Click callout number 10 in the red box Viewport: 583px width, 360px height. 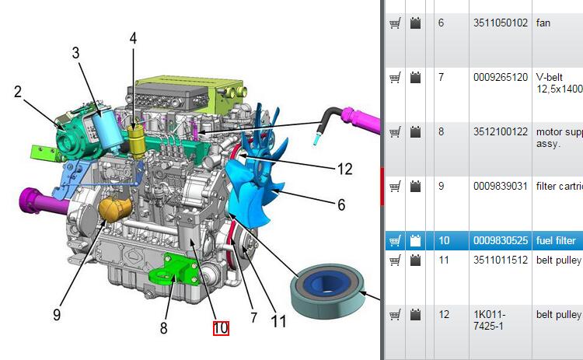(x=221, y=328)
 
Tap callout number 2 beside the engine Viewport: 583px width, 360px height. (x=18, y=92)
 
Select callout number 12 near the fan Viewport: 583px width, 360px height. (x=344, y=170)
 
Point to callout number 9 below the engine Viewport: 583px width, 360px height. (x=57, y=315)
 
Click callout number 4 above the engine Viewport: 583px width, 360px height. (x=133, y=38)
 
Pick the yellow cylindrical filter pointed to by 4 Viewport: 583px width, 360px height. (x=136, y=142)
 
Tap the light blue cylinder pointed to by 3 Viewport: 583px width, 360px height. (x=107, y=128)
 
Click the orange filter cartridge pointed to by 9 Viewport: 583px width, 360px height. (x=114, y=209)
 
